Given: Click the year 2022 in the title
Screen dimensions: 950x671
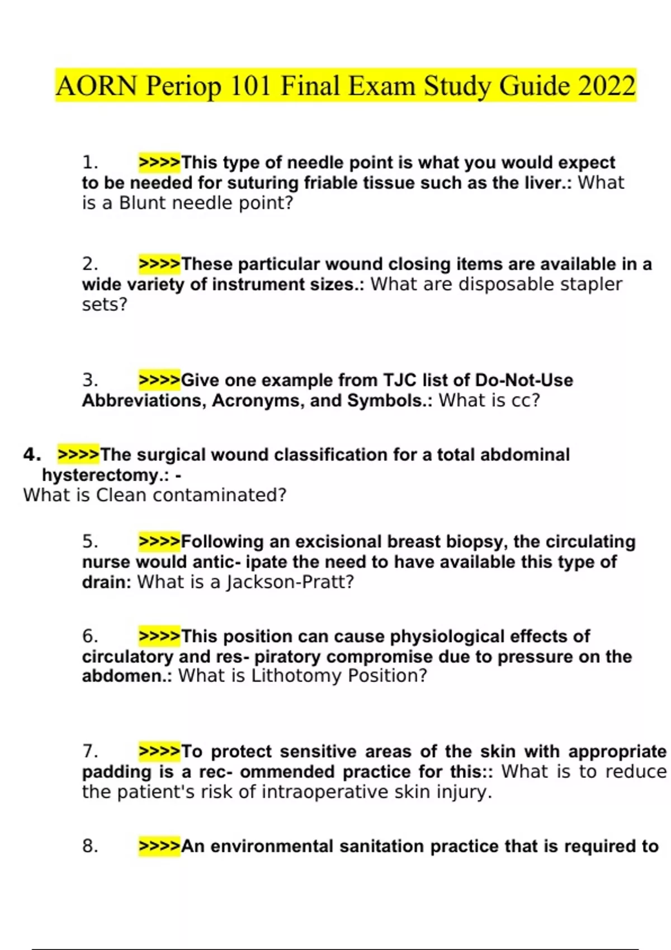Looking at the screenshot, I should [607, 86].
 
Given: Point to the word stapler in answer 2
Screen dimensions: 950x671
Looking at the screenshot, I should [591, 284].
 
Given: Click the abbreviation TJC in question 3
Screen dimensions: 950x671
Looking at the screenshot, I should [400, 381].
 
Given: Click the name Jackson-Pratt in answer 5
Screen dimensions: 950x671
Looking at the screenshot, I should [290, 582].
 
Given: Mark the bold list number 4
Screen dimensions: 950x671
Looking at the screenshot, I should [32, 454].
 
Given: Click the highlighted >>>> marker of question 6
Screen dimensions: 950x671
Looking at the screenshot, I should [159, 636].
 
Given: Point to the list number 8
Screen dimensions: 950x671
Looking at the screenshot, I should [90, 847].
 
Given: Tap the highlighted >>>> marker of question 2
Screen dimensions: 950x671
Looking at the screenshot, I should [159, 264].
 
